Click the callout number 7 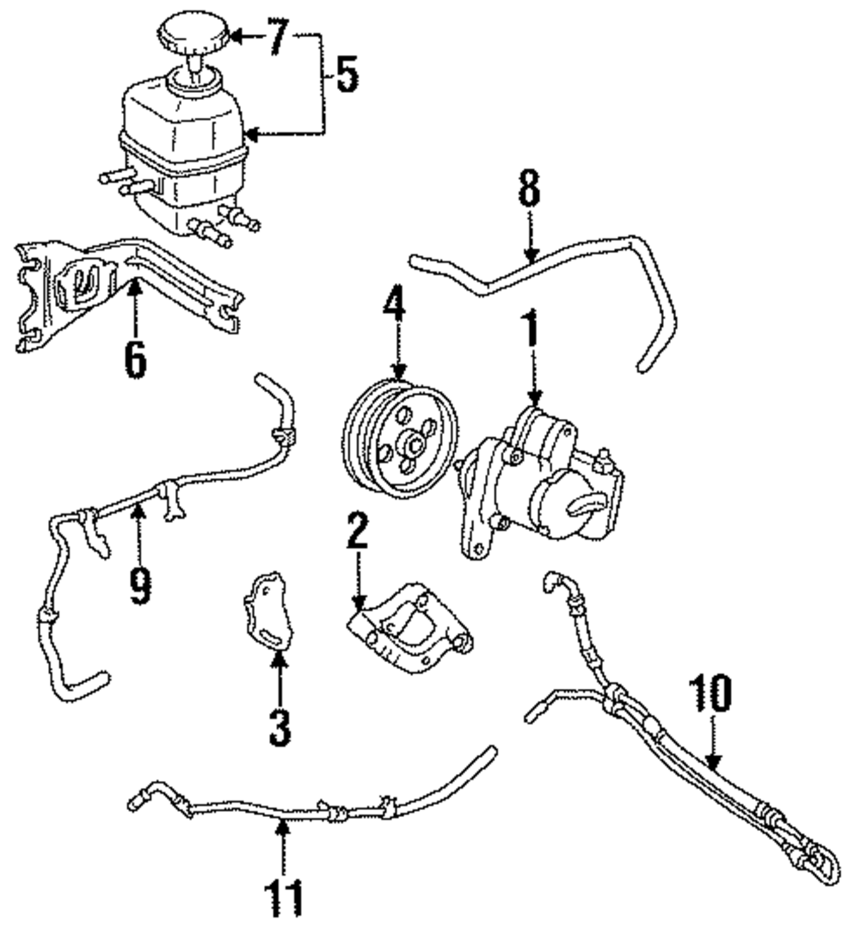point(276,39)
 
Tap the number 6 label point(133,360)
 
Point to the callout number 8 point(531,188)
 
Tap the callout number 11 point(285,897)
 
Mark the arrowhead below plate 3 point(279,660)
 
